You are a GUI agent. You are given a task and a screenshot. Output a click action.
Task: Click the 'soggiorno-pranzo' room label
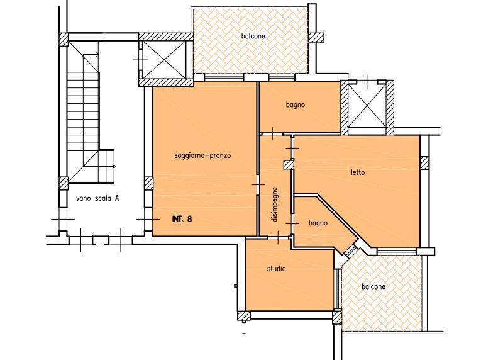tap(202, 155)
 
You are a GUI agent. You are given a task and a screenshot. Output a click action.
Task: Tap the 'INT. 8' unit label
tap(182, 219)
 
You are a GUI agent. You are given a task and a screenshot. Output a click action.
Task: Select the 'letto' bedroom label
tap(358, 172)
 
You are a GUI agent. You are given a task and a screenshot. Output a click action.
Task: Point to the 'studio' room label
tap(276, 269)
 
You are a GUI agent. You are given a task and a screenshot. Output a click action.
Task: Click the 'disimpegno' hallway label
tap(275, 205)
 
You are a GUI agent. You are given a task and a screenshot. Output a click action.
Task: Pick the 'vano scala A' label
tap(97, 198)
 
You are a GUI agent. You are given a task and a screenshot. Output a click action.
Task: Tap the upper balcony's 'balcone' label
tap(253, 36)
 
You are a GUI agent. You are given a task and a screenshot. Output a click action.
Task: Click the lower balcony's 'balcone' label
tap(373, 286)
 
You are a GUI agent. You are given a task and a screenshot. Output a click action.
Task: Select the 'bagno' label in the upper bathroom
tap(296, 104)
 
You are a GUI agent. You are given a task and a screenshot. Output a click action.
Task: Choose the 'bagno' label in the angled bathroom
tap(318, 223)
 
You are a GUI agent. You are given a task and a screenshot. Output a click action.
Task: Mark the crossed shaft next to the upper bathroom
tap(367, 105)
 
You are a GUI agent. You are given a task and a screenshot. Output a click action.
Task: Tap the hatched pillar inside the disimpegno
tap(288, 165)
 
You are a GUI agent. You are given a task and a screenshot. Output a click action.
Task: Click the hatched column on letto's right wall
tap(424, 163)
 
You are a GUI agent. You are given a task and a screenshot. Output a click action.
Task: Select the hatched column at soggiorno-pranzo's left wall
tap(149, 184)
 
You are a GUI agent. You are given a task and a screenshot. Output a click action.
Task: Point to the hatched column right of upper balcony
tap(316, 38)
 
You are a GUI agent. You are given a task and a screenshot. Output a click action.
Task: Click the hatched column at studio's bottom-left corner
tap(244, 315)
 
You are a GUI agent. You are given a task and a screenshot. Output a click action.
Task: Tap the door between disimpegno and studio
tap(278, 237)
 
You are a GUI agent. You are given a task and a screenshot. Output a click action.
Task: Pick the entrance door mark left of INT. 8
tap(148, 219)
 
